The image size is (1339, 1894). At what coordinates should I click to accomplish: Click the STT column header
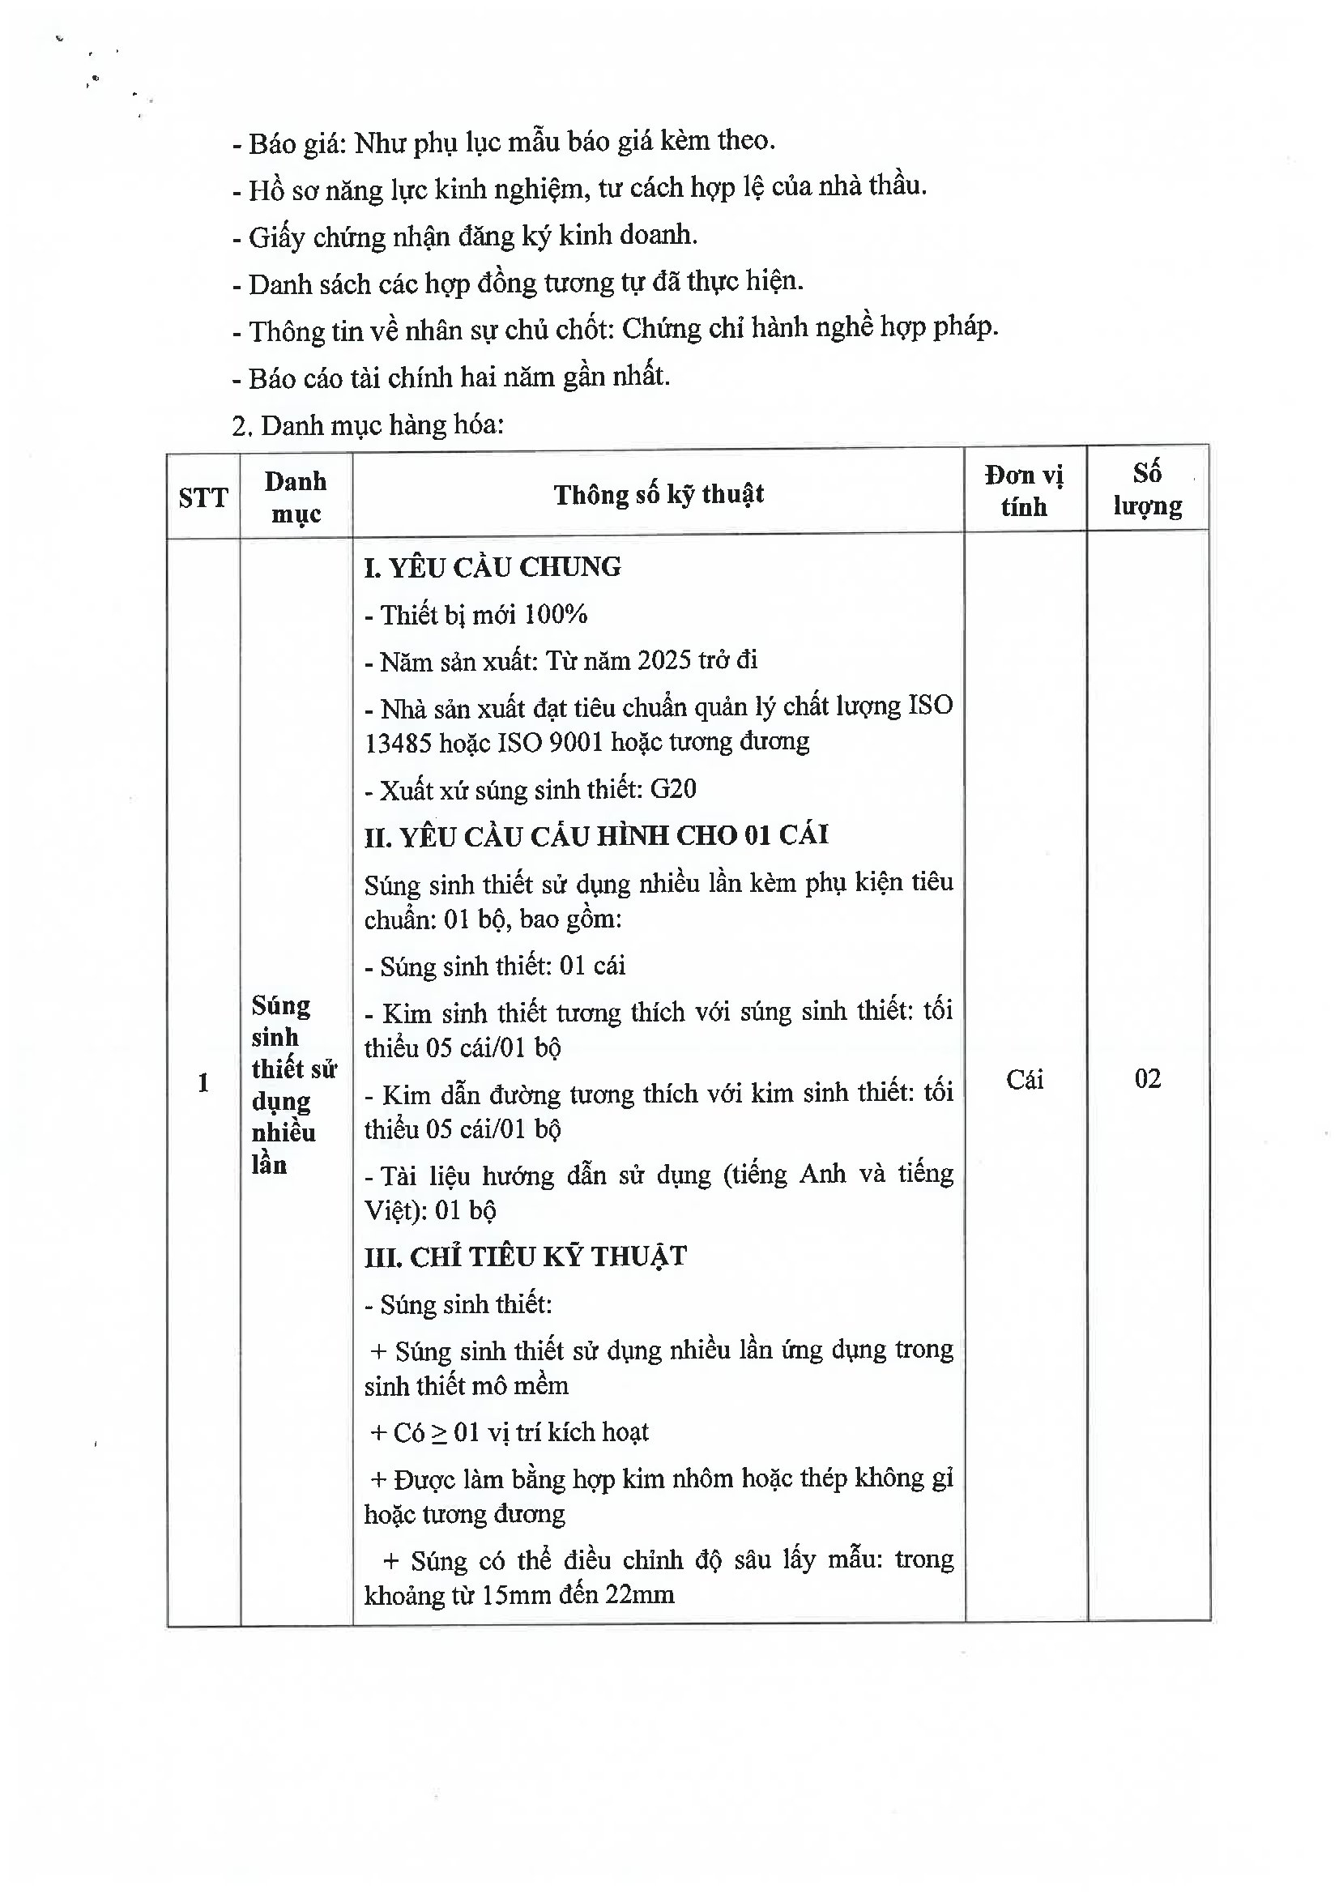pyautogui.click(x=203, y=497)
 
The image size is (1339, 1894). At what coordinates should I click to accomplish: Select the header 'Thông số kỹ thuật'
pyautogui.click(x=659, y=494)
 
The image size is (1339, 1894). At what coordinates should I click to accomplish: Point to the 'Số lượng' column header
pyautogui.click(x=1147, y=489)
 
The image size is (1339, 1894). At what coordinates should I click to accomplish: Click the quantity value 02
pyautogui.click(x=1148, y=1078)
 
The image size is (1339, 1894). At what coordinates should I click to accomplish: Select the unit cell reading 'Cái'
pyautogui.click(x=1025, y=1079)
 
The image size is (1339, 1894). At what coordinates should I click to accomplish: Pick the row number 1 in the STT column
pyautogui.click(x=203, y=1082)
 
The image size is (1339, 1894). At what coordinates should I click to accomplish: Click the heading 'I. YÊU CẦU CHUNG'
pyautogui.click(x=493, y=568)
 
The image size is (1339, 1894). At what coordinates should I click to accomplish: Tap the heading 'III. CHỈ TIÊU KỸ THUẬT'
pyautogui.click(x=526, y=1256)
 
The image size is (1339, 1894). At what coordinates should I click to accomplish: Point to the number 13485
pyautogui.click(x=399, y=743)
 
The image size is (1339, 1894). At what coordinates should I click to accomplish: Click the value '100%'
pyautogui.click(x=556, y=615)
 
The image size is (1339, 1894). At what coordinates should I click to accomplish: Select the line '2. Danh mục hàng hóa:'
pyautogui.click(x=368, y=425)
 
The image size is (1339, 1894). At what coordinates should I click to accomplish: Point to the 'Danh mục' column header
pyautogui.click(x=296, y=497)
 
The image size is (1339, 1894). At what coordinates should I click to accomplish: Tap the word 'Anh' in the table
pyautogui.click(x=822, y=1174)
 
